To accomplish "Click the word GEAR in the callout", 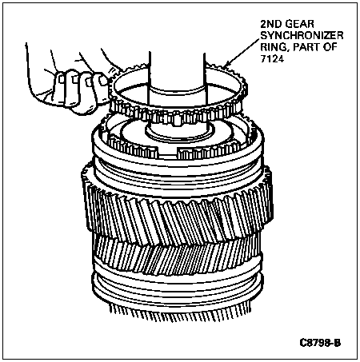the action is (299, 24).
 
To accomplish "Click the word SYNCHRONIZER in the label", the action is (302, 35).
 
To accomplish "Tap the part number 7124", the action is (272, 58).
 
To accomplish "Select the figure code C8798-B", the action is (320, 343).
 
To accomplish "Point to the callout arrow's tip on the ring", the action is (225, 66).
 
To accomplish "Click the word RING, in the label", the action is (274, 47).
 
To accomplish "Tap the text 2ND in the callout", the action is (271, 24).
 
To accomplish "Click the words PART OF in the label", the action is (315, 47).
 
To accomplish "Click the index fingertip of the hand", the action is (103, 80).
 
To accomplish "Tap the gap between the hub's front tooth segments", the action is (167, 153).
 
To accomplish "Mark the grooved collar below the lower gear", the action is (178, 289).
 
